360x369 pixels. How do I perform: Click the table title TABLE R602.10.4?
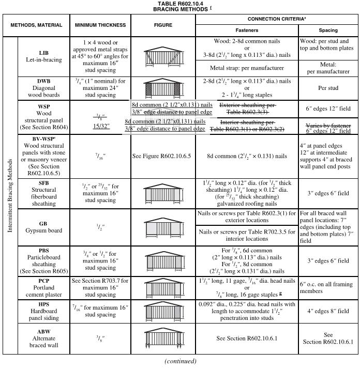coord(179,4)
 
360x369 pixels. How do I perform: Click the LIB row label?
coord(43,53)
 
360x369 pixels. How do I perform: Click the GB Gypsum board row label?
coord(43,227)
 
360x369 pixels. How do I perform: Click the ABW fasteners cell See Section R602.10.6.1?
coord(247,338)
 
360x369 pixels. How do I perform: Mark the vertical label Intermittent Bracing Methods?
coord(10,195)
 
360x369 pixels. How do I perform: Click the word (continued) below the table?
coord(180,361)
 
